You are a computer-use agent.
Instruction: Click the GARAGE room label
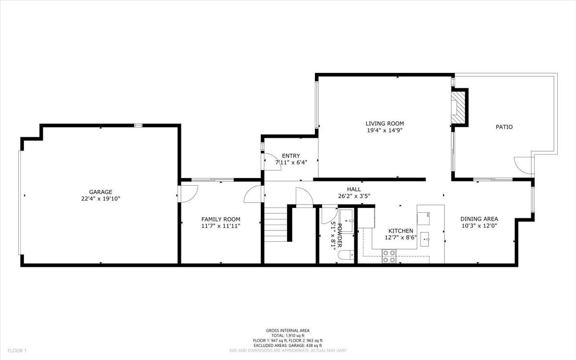[100, 192]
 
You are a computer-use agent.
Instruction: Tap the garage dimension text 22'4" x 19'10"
[100, 198]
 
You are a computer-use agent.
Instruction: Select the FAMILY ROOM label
[220, 219]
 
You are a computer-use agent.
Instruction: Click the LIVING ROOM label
[384, 123]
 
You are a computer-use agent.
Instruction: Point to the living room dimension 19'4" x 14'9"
[384, 130]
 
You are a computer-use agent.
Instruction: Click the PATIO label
[504, 127]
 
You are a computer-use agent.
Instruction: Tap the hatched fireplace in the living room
[459, 108]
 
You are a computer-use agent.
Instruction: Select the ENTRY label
[291, 156]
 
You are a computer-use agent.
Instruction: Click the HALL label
[354, 189]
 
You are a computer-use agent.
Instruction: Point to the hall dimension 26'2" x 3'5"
[354, 195]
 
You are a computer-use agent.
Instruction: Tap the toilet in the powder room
[345, 255]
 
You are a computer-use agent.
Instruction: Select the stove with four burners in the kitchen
[389, 256]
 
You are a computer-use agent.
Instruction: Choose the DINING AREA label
[479, 219]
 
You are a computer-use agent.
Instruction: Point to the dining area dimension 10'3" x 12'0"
[479, 225]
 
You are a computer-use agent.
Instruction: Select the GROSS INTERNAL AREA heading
[288, 330]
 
